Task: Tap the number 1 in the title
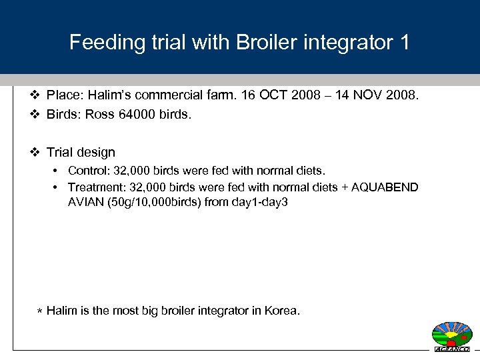point(403,43)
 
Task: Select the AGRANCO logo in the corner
point(452,336)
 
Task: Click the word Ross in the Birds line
point(100,114)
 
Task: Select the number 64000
point(138,114)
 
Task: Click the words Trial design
point(81,152)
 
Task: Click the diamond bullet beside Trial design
point(37,152)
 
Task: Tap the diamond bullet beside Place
point(37,96)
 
